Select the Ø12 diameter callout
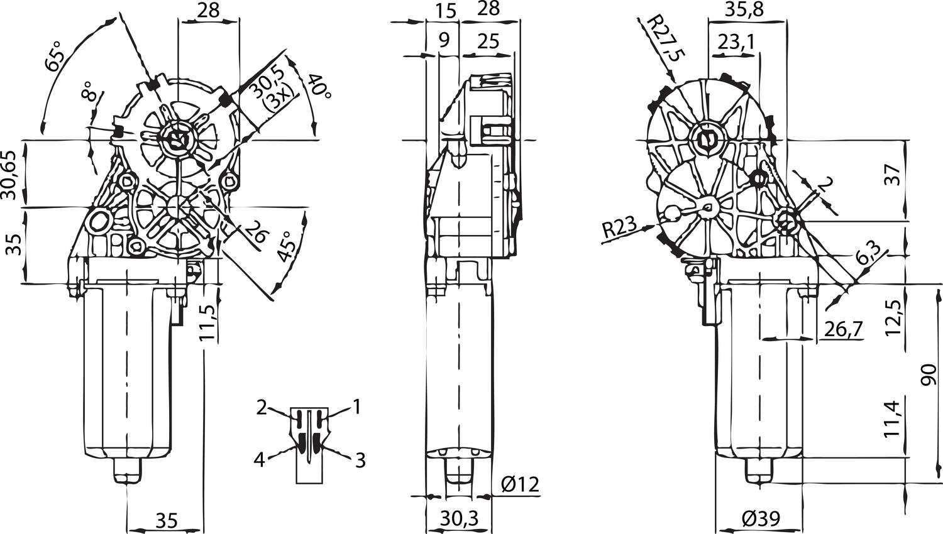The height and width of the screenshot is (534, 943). coord(520,484)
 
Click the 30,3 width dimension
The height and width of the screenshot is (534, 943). coord(459,518)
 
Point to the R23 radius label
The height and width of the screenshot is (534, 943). coord(619,229)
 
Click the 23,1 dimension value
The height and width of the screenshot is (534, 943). coord(736,42)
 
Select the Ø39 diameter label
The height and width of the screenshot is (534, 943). coord(760,519)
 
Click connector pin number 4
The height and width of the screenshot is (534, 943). coord(259,460)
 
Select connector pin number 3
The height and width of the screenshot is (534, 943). coord(360,460)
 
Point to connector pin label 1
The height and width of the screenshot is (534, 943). coord(356,408)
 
